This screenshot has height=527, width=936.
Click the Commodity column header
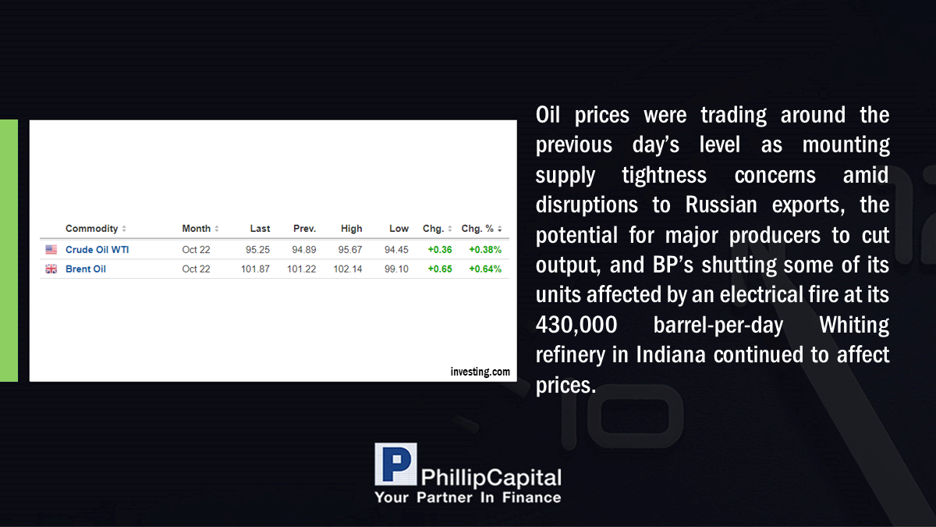[x=92, y=228]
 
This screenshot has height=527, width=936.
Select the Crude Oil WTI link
[x=97, y=250]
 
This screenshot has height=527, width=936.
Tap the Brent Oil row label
[x=86, y=269]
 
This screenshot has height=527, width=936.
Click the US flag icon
[x=51, y=250]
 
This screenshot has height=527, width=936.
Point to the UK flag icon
[x=51, y=269]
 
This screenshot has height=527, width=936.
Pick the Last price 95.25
[x=257, y=250]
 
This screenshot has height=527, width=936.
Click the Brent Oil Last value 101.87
[x=255, y=269]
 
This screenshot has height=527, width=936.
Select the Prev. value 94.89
[x=303, y=250]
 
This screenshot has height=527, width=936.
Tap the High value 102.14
[x=347, y=269]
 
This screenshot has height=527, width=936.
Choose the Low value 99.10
[x=396, y=269]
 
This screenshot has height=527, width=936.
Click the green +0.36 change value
[x=440, y=250]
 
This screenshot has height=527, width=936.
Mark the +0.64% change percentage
[x=484, y=269]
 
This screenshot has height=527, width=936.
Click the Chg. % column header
[x=477, y=228]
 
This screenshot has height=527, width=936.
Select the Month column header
[x=196, y=228]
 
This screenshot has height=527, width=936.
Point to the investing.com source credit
[x=480, y=372]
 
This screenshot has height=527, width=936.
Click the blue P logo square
[x=395, y=464]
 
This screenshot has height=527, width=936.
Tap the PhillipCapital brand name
[x=491, y=478]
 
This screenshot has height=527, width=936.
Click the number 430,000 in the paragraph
[x=576, y=325]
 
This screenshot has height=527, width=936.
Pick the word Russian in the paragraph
[x=721, y=205]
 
